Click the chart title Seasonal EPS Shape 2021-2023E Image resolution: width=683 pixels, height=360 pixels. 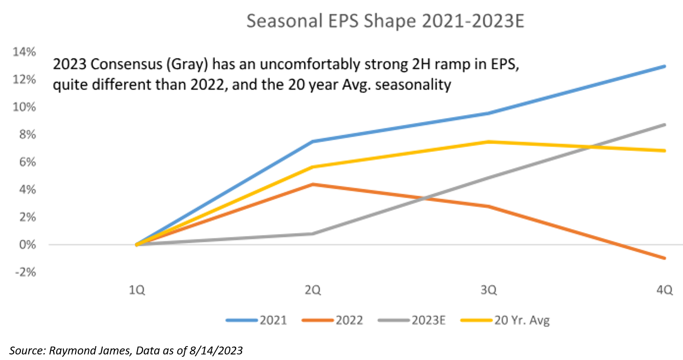click(x=385, y=21)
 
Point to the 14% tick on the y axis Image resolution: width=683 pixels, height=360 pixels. click(x=24, y=52)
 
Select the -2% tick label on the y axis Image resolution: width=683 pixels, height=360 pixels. click(x=24, y=272)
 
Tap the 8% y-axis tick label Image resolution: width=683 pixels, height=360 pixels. click(x=26, y=134)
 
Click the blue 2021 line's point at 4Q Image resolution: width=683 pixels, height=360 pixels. click(x=665, y=66)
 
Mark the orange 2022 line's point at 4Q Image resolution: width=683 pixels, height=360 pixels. click(x=665, y=258)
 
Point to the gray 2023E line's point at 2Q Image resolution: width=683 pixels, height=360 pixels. click(x=313, y=234)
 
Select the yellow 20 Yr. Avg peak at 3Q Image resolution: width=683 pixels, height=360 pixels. click(x=489, y=141)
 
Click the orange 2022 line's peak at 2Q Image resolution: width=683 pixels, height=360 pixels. click(x=313, y=184)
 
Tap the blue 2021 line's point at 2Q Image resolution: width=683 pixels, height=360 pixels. click(x=313, y=141)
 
